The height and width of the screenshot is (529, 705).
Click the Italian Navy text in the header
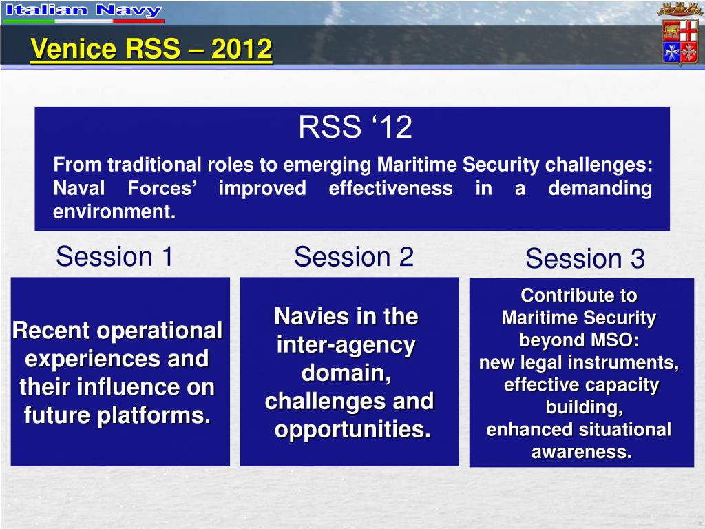click(x=83, y=10)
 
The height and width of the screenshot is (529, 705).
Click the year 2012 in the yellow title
click(x=242, y=49)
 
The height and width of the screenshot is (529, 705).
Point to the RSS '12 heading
click(x=355, y=127)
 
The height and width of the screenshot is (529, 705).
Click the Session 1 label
click(x=115, y=256)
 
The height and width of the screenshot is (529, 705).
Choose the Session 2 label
click(x=354, y=257)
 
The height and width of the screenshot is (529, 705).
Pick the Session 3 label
click(x=585, y=259)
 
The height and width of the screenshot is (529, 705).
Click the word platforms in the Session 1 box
click(x=154, y=415)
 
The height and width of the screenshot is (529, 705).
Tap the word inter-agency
click(x=346, y=346)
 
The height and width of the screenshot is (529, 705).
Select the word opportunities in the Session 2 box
click(x=353, y=430)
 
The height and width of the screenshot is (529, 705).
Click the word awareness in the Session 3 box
click(x=582, y=452)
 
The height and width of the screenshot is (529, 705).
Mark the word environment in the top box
click(x=114, y=212)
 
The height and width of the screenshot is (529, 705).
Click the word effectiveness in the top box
click(x=391, y=188)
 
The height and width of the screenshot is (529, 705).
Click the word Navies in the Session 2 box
click(x=304, y=316)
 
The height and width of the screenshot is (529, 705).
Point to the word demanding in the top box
click(x=600, y=189)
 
